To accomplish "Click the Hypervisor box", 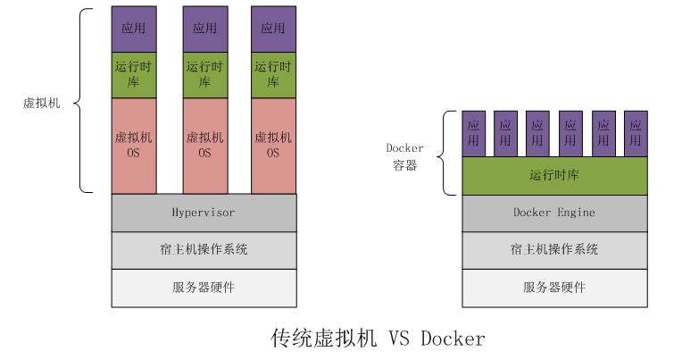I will [x=204, y=212].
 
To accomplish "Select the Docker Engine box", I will [x=553, y=213].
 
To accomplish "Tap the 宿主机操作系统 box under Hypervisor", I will [x=204, y=249].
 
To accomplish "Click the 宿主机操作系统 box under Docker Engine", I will [x=553, y=249].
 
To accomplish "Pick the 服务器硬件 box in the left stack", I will [x=204, y=287].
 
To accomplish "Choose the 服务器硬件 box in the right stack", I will [x=553, y=287].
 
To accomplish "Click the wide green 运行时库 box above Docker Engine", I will [x=553, y=175].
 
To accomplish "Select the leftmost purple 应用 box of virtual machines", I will [x=134, y=28].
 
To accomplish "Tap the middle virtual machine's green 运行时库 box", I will [x=204, y=74].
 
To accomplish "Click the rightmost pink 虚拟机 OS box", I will [x=273, y=146].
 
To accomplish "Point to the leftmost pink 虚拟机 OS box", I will [x=134, y=146].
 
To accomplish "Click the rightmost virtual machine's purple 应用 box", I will [x=273, y=28].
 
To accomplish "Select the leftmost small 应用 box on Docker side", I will [x=474, y=133].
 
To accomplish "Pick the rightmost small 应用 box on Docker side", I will [x=635, y=133].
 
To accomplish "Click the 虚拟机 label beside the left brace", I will [x=41, y=103].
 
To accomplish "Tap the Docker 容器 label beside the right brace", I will [x=404, y=156].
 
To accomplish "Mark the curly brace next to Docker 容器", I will [x=447, y=154].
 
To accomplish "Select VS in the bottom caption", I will [x=398, y=339].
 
